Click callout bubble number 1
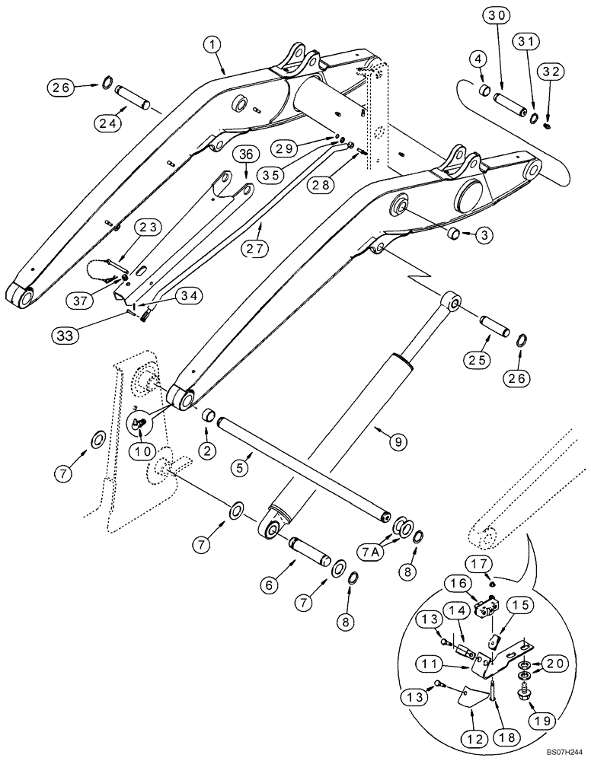coord(214,46)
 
